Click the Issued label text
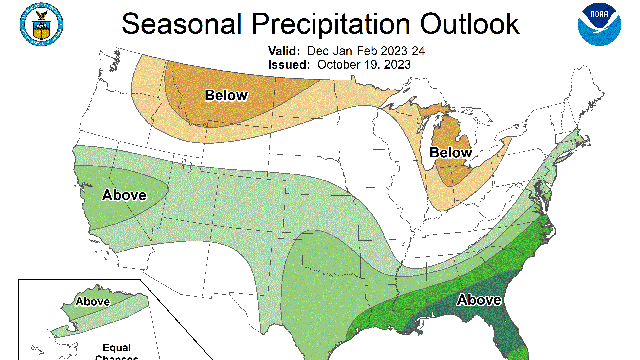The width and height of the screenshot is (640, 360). pos(290,64)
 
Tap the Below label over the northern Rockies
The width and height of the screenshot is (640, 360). pos(226,96)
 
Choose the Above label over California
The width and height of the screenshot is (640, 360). pos(124,194)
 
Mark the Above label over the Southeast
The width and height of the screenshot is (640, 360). pos(480,299)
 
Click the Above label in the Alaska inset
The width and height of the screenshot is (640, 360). pos(93,301)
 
